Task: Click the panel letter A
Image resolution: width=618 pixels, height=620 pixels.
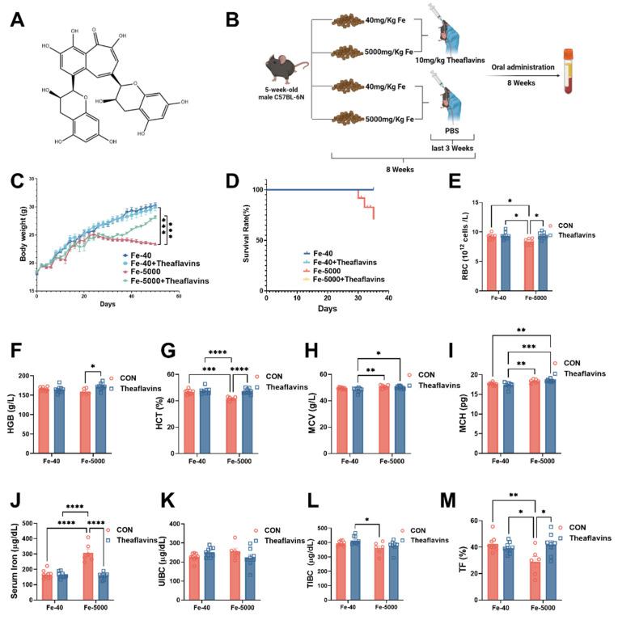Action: (18, 17)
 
